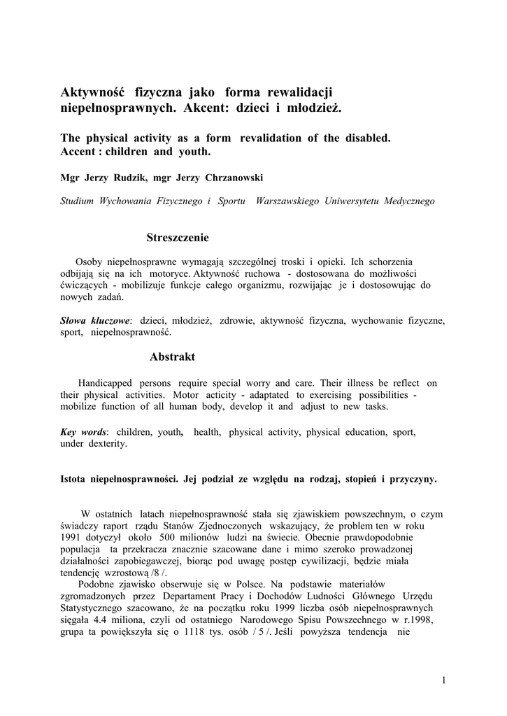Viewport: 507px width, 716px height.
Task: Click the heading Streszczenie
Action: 178,238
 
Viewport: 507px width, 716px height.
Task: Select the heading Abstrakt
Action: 172,357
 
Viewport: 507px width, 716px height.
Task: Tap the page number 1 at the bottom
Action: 443,680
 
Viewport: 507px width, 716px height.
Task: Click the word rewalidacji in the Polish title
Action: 296,92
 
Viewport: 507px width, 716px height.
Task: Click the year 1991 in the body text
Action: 73,538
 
